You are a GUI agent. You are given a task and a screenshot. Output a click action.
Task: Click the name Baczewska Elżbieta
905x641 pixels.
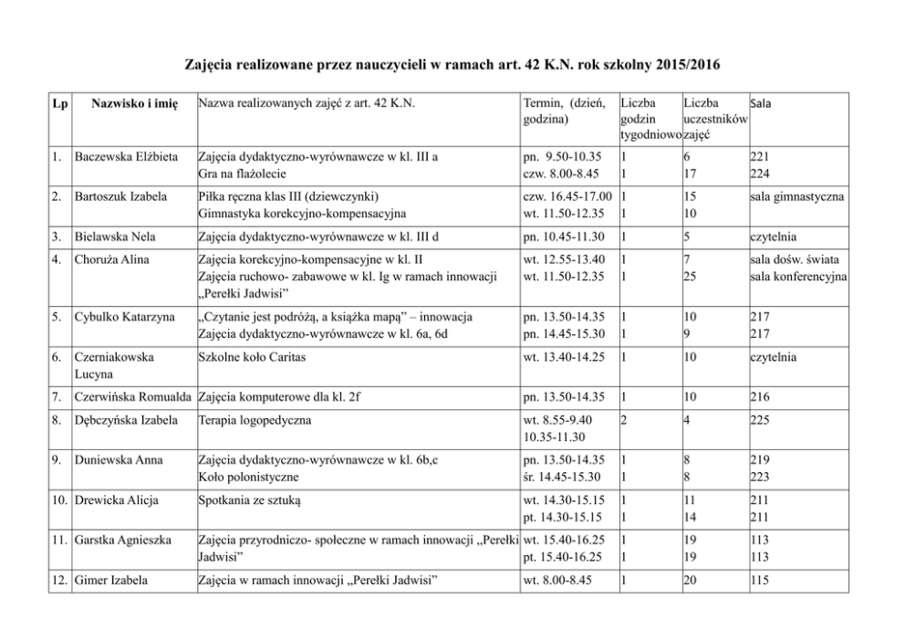[127, 156]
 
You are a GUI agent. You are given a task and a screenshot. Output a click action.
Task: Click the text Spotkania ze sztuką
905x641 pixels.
[249, 500]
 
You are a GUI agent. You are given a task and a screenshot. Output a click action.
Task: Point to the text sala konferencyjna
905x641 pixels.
[798, 277]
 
